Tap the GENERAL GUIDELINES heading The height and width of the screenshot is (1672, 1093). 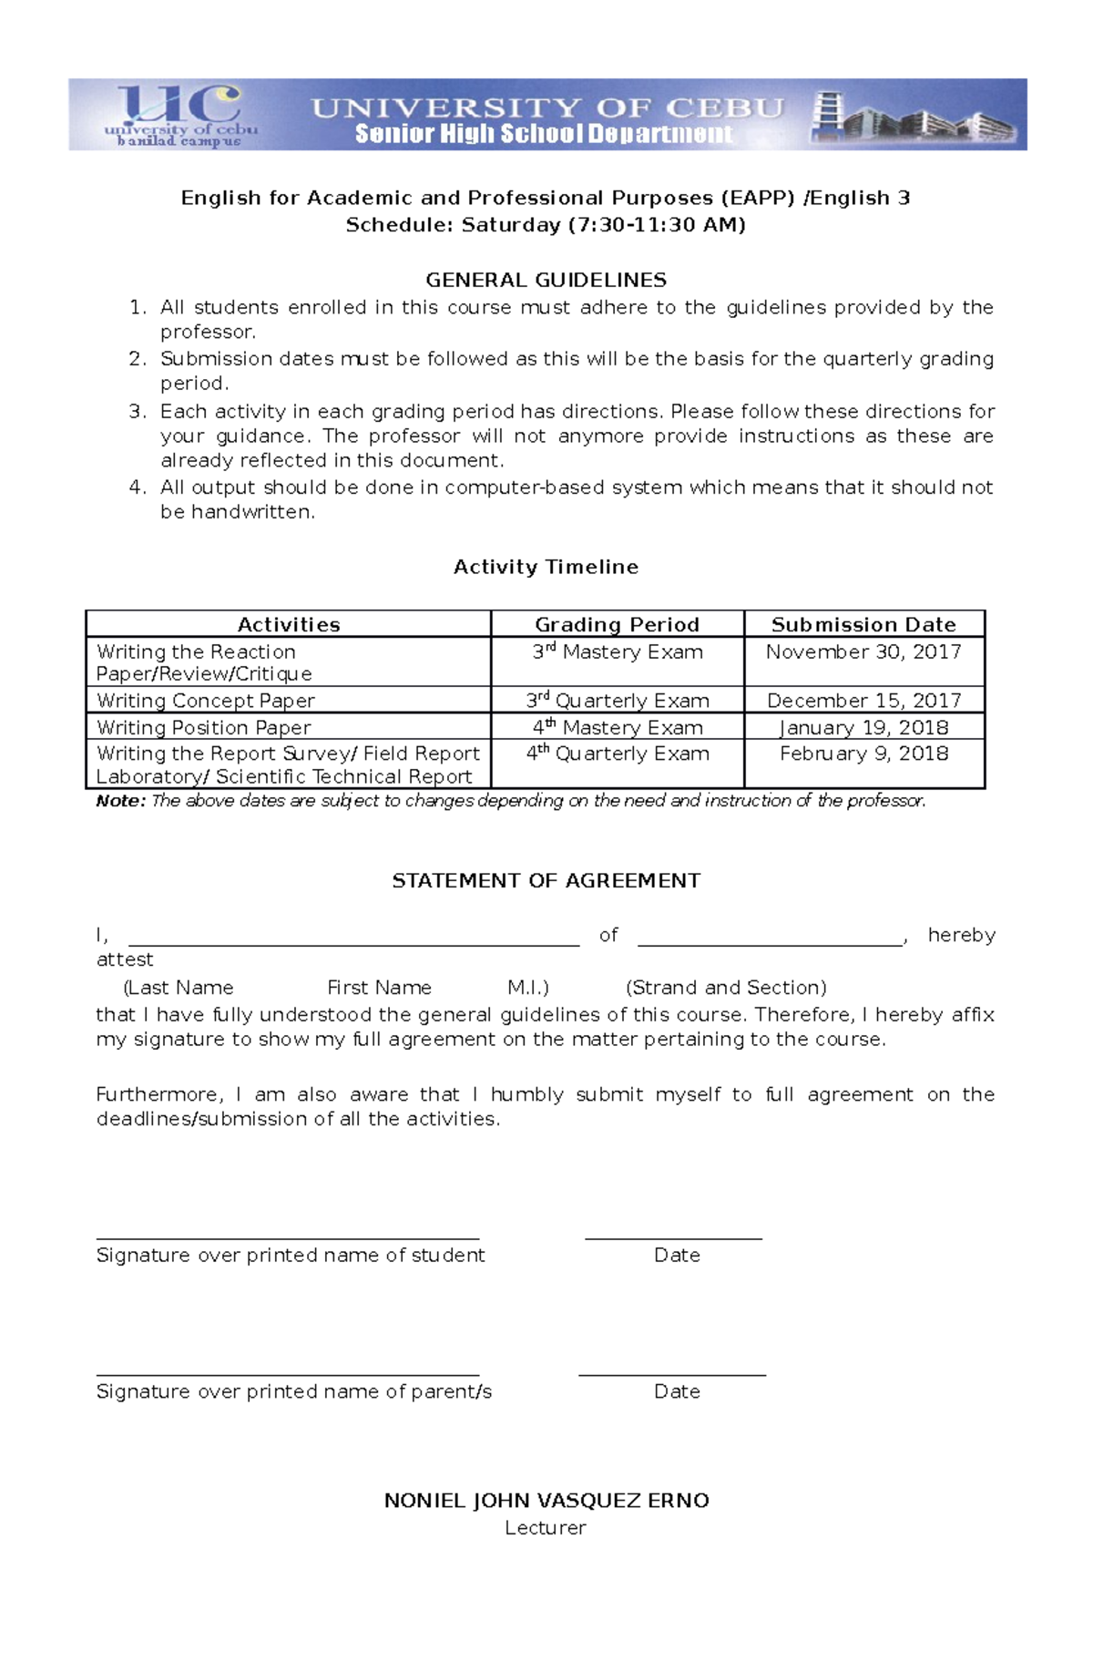click(546, 280)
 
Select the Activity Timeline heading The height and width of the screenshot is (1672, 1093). click(546, 567)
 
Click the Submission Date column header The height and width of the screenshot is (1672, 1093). click(863, 624)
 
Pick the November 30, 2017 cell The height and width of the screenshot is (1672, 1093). click(863, 651)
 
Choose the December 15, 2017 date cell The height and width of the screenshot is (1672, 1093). click(863, 700)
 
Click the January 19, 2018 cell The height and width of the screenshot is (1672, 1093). click(863, 727)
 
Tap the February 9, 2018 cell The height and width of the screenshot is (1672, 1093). click(863, 754)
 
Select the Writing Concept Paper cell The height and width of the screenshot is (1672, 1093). click(206, 700)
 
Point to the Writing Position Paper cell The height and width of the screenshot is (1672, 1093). click(204, 727)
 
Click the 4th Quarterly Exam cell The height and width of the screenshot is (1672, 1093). click(617, 754)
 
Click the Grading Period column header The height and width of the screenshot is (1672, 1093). click(617, 624)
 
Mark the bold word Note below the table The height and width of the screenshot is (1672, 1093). click(120, 801)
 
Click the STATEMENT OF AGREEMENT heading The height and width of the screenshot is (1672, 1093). click(546, 880)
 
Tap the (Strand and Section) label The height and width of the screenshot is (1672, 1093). click(726, 987)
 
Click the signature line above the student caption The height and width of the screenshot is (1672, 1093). click(287, 1238)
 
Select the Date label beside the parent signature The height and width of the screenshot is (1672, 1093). click(677, 1391)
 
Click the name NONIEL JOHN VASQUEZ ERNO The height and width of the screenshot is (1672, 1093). click(546, 1501)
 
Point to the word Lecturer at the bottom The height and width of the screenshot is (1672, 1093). click(545, 1528)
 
